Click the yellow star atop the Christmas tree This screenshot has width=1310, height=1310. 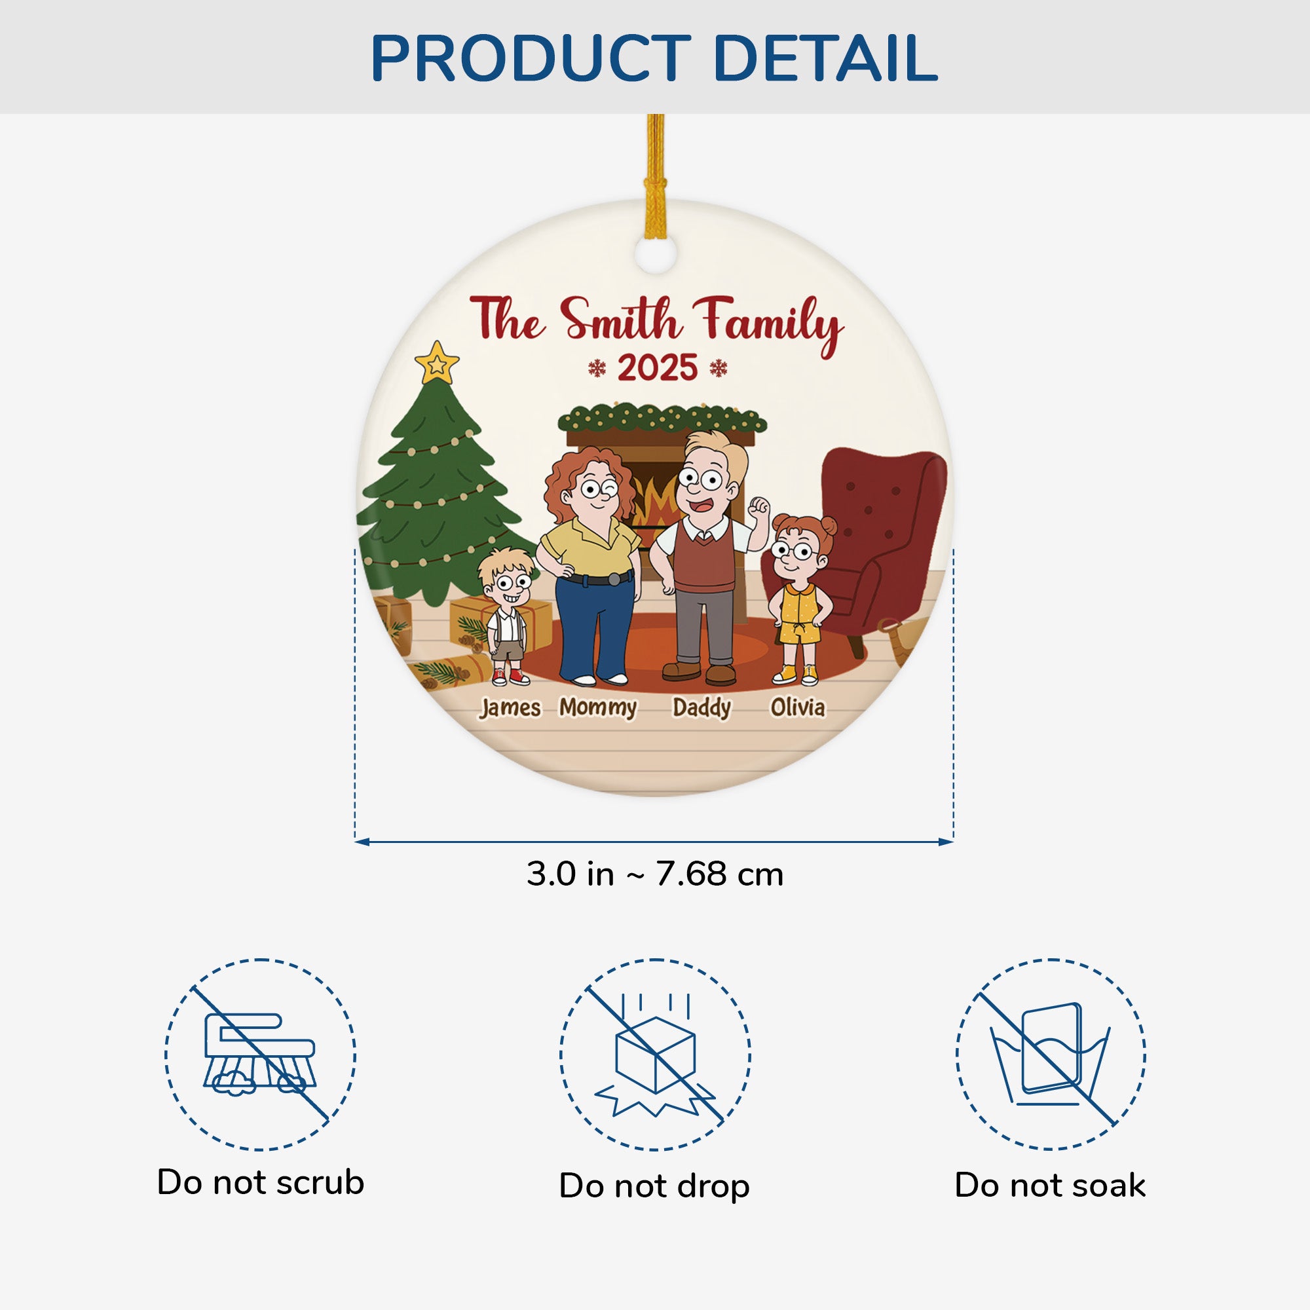click(x=437, y=364)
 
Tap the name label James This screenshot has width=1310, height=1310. click(x=510, y=708)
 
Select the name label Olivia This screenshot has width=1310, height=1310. click(x=798, y=707)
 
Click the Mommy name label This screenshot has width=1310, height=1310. click(x=598, y=709)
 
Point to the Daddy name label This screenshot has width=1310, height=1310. click(x=702, y=709)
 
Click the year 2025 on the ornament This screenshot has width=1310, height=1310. click(x=657, y=368)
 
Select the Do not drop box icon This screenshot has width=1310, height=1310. click(x=655, y=1057)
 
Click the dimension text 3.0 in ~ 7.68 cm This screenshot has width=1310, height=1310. click(x=655, y=874)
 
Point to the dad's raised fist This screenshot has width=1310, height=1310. click(x=758, y=506)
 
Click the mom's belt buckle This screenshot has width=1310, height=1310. click(x=614, y=578)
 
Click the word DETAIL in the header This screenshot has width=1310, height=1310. click(x=825, y=58)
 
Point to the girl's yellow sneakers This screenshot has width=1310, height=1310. click(x=795, y=675)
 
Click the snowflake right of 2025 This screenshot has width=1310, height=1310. click(x=718, y=368)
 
